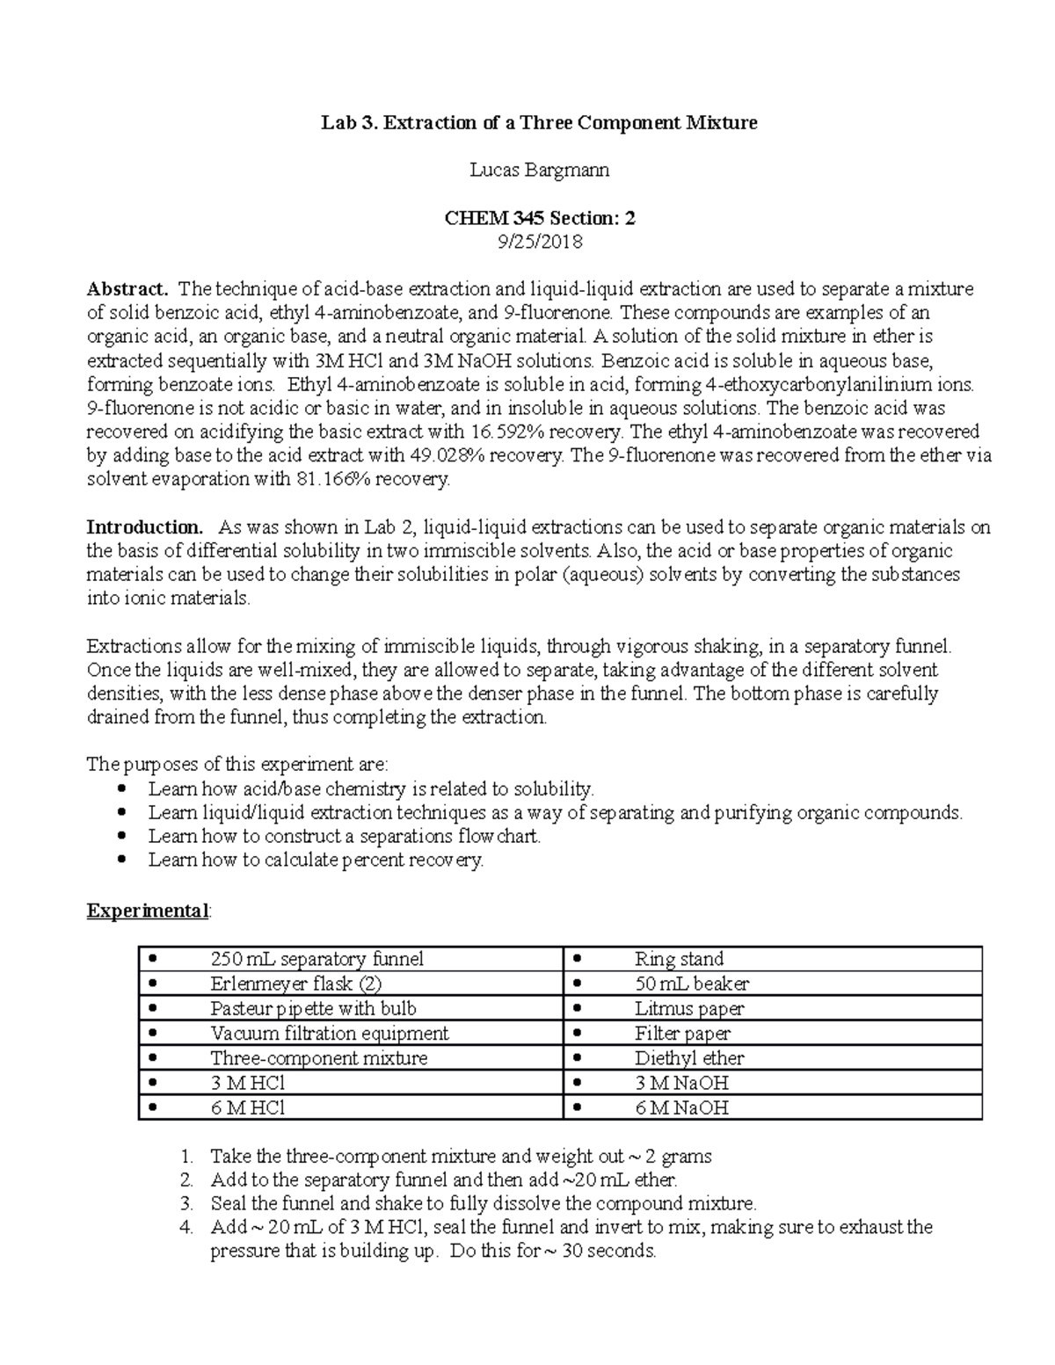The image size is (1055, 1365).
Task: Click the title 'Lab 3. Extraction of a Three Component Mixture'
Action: pos(538,123)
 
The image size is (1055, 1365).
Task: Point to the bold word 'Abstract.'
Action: pos(127,289)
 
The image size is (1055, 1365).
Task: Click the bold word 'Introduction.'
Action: pos(145,527)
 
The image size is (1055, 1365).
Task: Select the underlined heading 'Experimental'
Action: pos(148,911)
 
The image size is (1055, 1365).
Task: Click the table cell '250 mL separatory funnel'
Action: pos(316,959)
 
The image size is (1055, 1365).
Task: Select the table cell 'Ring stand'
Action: pos(679,959)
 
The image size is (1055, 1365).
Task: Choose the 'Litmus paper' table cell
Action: pos(689,1009)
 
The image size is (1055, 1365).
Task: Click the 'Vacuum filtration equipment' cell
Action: pos(330,1034)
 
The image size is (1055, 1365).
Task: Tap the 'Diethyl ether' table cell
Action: pos(689,1058)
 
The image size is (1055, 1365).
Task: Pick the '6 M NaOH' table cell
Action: pos(681,1107)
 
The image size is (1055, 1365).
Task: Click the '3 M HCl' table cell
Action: pos(248,1083)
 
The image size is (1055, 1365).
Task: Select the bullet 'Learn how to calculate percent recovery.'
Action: pos(316,860)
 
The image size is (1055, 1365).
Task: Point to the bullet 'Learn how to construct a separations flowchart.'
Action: pos(344,836)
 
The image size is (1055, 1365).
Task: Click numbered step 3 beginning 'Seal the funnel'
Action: pos(483,1203)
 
